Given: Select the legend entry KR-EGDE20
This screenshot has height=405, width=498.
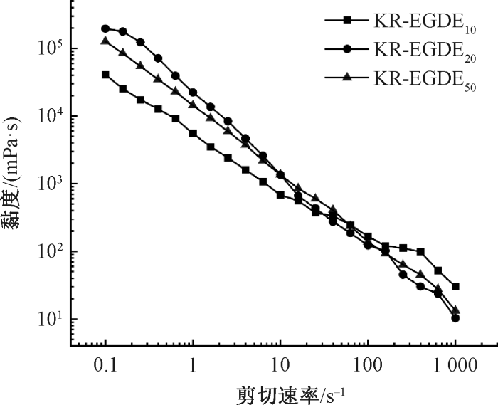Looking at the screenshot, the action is (x=400, y=51).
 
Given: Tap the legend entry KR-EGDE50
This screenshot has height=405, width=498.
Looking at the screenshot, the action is (x=400, y=79).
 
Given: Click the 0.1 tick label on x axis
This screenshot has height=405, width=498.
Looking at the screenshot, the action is (x=105, y=366).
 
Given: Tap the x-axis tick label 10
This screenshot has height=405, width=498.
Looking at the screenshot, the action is (x=280, y=366).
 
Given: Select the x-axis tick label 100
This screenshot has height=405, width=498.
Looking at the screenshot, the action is (x=368, y=366).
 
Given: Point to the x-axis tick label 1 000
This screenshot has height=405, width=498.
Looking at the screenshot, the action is (x=455, y=366).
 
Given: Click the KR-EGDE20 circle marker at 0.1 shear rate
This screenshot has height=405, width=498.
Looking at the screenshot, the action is (x=105, y=28).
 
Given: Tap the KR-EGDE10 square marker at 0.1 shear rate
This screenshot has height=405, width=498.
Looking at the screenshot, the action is (x=105, y=75).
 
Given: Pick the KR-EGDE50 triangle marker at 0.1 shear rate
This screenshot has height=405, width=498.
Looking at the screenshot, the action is (x=105, y=41).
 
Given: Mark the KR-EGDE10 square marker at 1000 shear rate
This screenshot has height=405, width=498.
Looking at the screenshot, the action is (x=455, y=287).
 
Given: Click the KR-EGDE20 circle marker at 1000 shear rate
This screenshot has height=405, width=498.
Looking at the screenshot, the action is (x=455, y=318).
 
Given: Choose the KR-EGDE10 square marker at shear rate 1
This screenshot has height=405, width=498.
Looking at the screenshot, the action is (x=193, y=133).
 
